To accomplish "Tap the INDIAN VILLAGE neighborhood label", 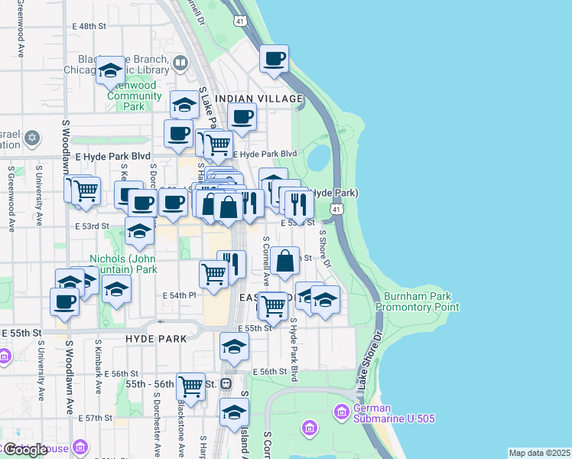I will (258, 99).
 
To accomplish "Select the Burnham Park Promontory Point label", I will (418, 301).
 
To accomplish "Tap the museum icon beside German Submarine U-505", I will (342, 413).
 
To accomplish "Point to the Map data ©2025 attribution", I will (539, 453).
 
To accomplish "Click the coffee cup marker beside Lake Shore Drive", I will (274, 59).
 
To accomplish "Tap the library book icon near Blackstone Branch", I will (180, 63).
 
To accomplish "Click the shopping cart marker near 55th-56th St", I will (190, 386).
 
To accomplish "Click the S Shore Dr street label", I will (324, 249).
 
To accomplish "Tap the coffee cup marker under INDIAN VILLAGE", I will (242, 117).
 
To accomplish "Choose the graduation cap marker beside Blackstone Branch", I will (111, 72).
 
